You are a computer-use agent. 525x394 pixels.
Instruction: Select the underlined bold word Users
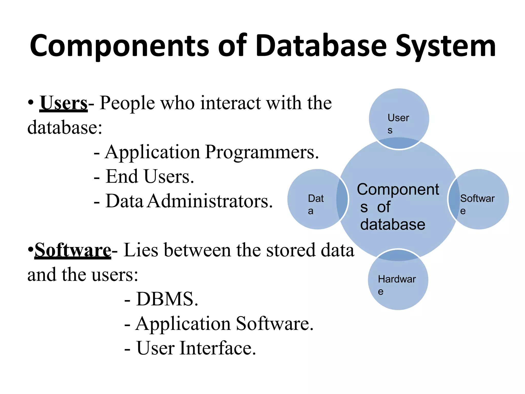pyautogui.click(x=64, y=103)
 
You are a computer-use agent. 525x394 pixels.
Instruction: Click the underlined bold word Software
pyautogui.click(x=73, y=250)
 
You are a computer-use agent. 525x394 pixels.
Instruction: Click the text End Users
pyautogui.click(x=150, y=177)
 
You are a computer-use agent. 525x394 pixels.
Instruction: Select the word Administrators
pyautogui.click(x=210, y=201)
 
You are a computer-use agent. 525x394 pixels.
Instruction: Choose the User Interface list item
pyautogui.click(x=196, y=348)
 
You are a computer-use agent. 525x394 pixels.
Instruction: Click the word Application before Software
pyautogui.click(x=183, y=324)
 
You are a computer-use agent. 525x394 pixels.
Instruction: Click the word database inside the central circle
pyautogui.click(x=392, y=224)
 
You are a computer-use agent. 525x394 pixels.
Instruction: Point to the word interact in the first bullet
pyautogui.click(x=231, y=103)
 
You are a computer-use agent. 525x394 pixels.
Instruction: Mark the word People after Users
pyautogui.click(x=127, y=103)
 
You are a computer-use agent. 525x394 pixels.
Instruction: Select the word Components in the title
pyautogui.click(x=119, y=46)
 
